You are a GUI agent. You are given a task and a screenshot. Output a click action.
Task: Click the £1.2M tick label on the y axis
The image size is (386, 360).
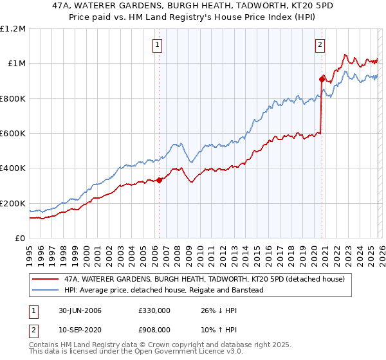click(x=13, y=29)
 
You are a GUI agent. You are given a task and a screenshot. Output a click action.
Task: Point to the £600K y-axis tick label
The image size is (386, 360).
click(x=13, y=134)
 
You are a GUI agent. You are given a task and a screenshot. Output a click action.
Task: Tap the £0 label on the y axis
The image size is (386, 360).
click(x=20, y=239)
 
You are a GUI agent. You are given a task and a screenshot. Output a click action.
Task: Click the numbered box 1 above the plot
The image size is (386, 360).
click(x=158, y=45)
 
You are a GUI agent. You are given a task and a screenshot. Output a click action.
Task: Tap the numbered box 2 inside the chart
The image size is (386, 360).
click(x=320, y=45)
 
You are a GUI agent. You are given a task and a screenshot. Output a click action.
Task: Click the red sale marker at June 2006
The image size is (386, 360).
click(x=159, y=181)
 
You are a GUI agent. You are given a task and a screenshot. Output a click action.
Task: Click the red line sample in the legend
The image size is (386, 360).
click(x=45, y=280)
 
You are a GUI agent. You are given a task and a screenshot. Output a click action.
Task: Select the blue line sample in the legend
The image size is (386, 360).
click(x=45, y=290)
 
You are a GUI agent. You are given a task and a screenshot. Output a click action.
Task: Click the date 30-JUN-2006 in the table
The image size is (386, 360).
click(x=80, y=310)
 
